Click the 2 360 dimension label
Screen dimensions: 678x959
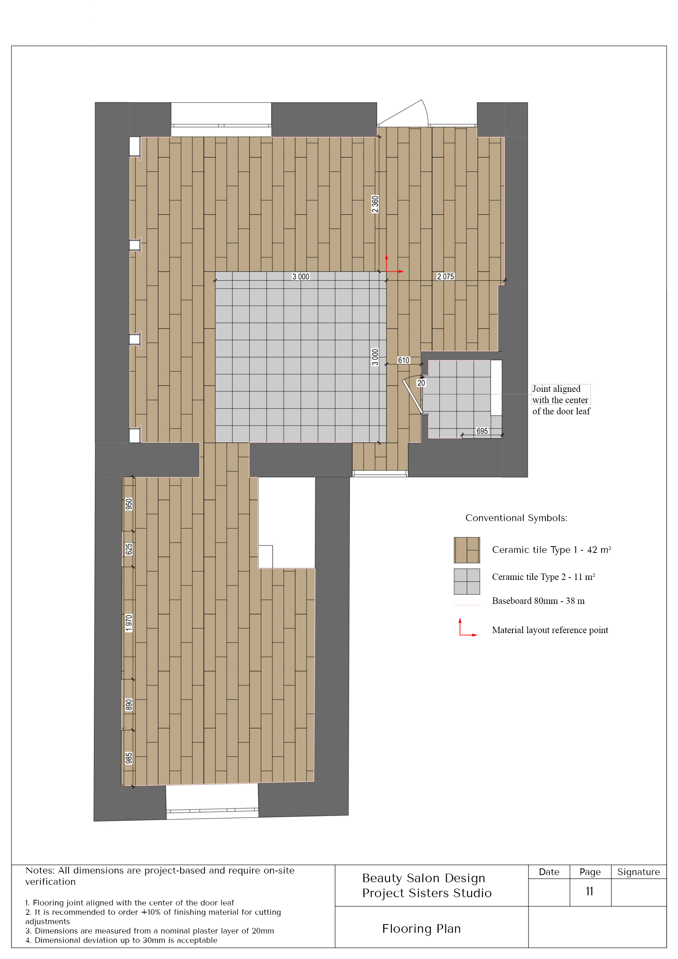[375, 204]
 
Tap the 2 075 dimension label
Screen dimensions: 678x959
[445, 276]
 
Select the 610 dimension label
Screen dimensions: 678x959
[403, 360]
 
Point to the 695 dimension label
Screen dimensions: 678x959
[482, 431]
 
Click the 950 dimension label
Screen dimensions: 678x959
[129, 504]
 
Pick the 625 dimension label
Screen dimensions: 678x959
[129, 549]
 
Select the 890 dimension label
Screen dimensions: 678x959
[129, 705]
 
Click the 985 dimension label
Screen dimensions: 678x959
[129, 758]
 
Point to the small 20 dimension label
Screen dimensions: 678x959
[421, 383]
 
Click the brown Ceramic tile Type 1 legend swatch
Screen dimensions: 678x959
[467, 550]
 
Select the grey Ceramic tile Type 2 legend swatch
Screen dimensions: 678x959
[467, 581]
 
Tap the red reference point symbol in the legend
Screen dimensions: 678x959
[467, 627]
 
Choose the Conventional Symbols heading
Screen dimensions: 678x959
[516, 518]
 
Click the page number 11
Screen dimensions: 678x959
[590, 891]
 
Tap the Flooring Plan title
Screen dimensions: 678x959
[421, 929]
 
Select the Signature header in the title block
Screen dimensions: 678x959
[638, 872]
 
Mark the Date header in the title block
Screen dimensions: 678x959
[549, 872]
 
